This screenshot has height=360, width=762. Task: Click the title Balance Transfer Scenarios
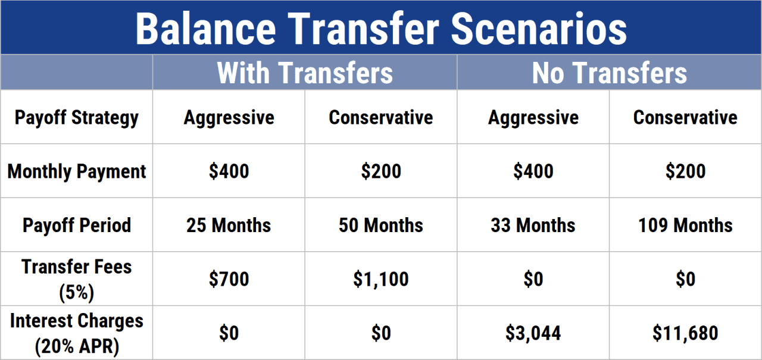coord(381,28)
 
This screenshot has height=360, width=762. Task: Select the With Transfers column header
coord(305,73)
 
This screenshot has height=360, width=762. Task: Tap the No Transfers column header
coord(609,73)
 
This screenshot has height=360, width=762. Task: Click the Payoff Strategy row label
coord(76,117)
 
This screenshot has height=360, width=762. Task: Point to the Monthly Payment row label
coord(76,171)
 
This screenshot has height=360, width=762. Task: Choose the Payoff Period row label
coord(76,226)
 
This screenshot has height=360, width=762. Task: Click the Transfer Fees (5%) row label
coord(76,278)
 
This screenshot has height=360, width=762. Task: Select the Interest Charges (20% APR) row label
coord(76,333)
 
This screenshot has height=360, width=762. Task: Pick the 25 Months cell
coord(229,226)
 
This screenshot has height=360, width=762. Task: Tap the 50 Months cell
coord(381,226)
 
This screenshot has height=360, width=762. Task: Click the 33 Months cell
coord(533,226)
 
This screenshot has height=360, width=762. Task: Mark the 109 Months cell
coord(686,226)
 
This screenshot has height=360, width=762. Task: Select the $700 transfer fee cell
coord(229,279)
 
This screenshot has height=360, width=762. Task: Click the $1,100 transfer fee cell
coord(381,279)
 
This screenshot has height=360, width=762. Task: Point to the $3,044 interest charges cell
coord(533,333)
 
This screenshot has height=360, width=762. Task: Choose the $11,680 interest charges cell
coord(686,333)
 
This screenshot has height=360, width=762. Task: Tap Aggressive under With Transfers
coord(229,118)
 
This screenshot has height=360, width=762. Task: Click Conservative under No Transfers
coord(686,118)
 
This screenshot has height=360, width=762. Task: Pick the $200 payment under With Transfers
coord(381,172)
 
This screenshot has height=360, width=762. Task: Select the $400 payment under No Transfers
coord(533,172)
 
